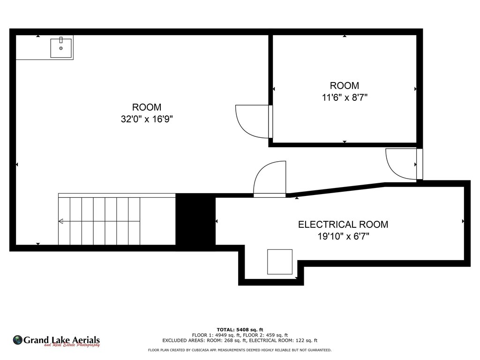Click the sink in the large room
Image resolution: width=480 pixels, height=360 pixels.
(x=61, y=48)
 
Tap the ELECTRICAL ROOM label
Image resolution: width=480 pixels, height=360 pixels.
(x=343, y=225)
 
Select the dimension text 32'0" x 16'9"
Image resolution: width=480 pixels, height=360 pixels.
(x=147, y=119)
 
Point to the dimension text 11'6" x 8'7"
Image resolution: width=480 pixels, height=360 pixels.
(x=345, y=97)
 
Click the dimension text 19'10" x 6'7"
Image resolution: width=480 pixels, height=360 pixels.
(x=343, y=236)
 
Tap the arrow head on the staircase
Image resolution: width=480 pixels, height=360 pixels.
(x=60, y=221)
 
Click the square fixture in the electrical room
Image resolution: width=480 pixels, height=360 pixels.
(x=280, y=262)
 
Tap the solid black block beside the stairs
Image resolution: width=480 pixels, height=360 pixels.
(x=195, y=219)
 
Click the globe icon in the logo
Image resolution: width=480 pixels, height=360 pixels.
(x=17, y=340)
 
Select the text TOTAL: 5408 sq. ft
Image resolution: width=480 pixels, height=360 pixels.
(x=240, y=330)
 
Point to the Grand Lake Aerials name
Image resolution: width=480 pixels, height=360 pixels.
(x=61, y=340)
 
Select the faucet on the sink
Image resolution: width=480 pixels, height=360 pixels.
(x=61, y=40)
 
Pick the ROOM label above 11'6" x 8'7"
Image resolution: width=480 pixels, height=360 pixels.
(x=345, y=85)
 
